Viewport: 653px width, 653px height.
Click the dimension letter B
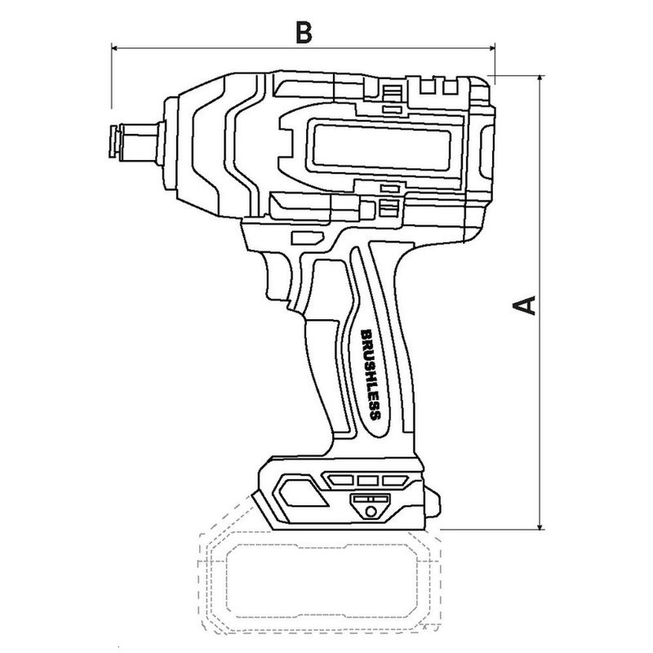point(304,33)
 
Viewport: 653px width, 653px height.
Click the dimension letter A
point(524,305)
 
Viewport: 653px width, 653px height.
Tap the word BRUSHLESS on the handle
point(371,375)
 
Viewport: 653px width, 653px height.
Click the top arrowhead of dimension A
point(540,79)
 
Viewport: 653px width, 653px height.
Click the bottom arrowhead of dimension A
point(540,526)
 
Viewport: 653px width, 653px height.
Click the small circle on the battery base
point(371,511)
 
